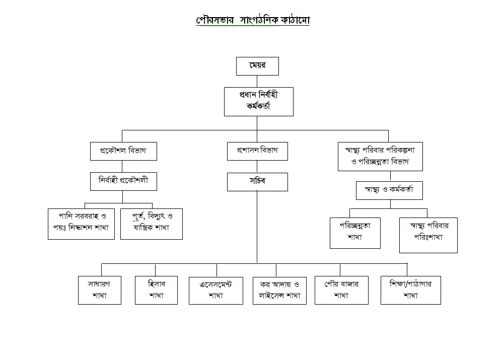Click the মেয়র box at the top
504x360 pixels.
pyautogui.click(x=257, y=66)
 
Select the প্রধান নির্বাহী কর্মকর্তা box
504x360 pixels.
pyautogui.click(x=258, y=101)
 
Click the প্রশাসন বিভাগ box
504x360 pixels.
pyautogui.click(x=257, y=151)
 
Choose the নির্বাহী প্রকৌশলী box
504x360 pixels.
pyautogui.click(x=123, y=181)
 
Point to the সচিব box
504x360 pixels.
pyautogui.click(x=257, y=182)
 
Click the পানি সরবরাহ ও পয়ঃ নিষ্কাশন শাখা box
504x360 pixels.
pyautogui.click(x=81, y=224)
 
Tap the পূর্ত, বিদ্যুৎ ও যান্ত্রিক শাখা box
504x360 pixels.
pyautogui.click(x=152, y=224)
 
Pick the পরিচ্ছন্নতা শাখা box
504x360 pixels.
pyautogui.click(x=355, y=233)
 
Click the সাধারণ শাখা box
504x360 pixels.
pyautogui.click(x=99, y=290)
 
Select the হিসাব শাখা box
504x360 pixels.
pyautogui.click(x=156, y=290)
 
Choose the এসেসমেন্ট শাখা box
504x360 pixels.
pyautogui.click(x=215, y=291)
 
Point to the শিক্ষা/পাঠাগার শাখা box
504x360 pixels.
pyautogui.click(x=410, y=290)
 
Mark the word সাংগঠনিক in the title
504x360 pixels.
pyautogui.click(x=255, y=21)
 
